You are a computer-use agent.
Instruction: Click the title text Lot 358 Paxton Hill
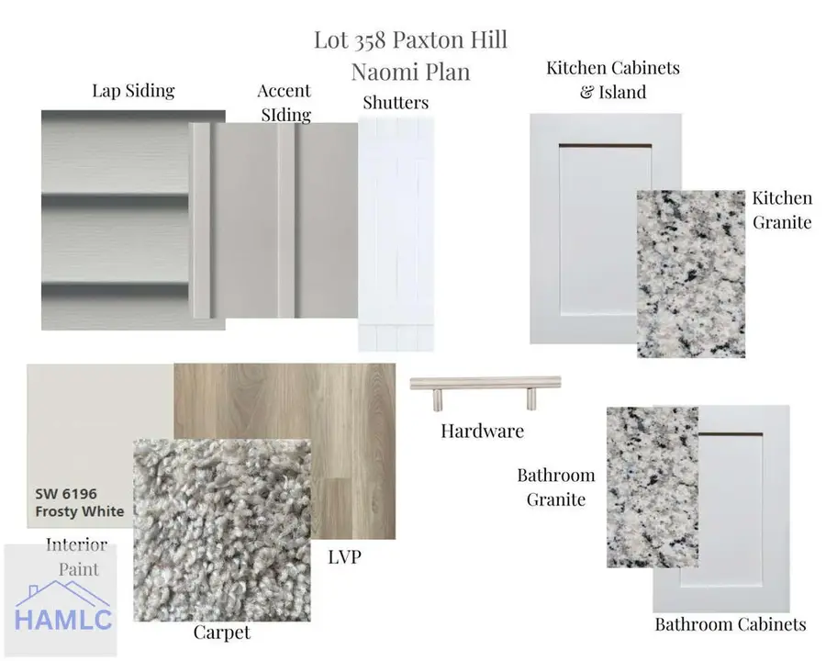tap(411, 40)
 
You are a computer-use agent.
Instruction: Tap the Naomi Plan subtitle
tap(411, 72)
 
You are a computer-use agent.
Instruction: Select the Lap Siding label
tap(133, 91)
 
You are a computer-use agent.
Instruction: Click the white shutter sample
tap(396, 233)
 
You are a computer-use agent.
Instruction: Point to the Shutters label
tap(396, 102)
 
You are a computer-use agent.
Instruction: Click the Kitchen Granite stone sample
tap(691, 274)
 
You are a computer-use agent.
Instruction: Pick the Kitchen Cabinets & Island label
tap(613, 80)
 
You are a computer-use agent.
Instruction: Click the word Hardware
tap(483, 431)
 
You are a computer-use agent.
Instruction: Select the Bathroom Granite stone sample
tap(653, 487)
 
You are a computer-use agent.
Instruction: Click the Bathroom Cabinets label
tap(731, 624)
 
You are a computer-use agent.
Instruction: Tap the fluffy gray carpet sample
tap(222, 530)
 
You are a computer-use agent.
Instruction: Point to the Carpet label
tap(222, 633)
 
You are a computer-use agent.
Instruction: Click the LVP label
tap(344, 556)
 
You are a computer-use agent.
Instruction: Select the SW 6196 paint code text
tap(66, 494)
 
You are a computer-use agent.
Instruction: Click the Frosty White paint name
tap(80, 511)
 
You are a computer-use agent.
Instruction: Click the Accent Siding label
tap(285, 103)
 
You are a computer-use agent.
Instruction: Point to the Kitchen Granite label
tap(782, 210)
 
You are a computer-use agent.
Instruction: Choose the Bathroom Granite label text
tap(556, 487)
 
